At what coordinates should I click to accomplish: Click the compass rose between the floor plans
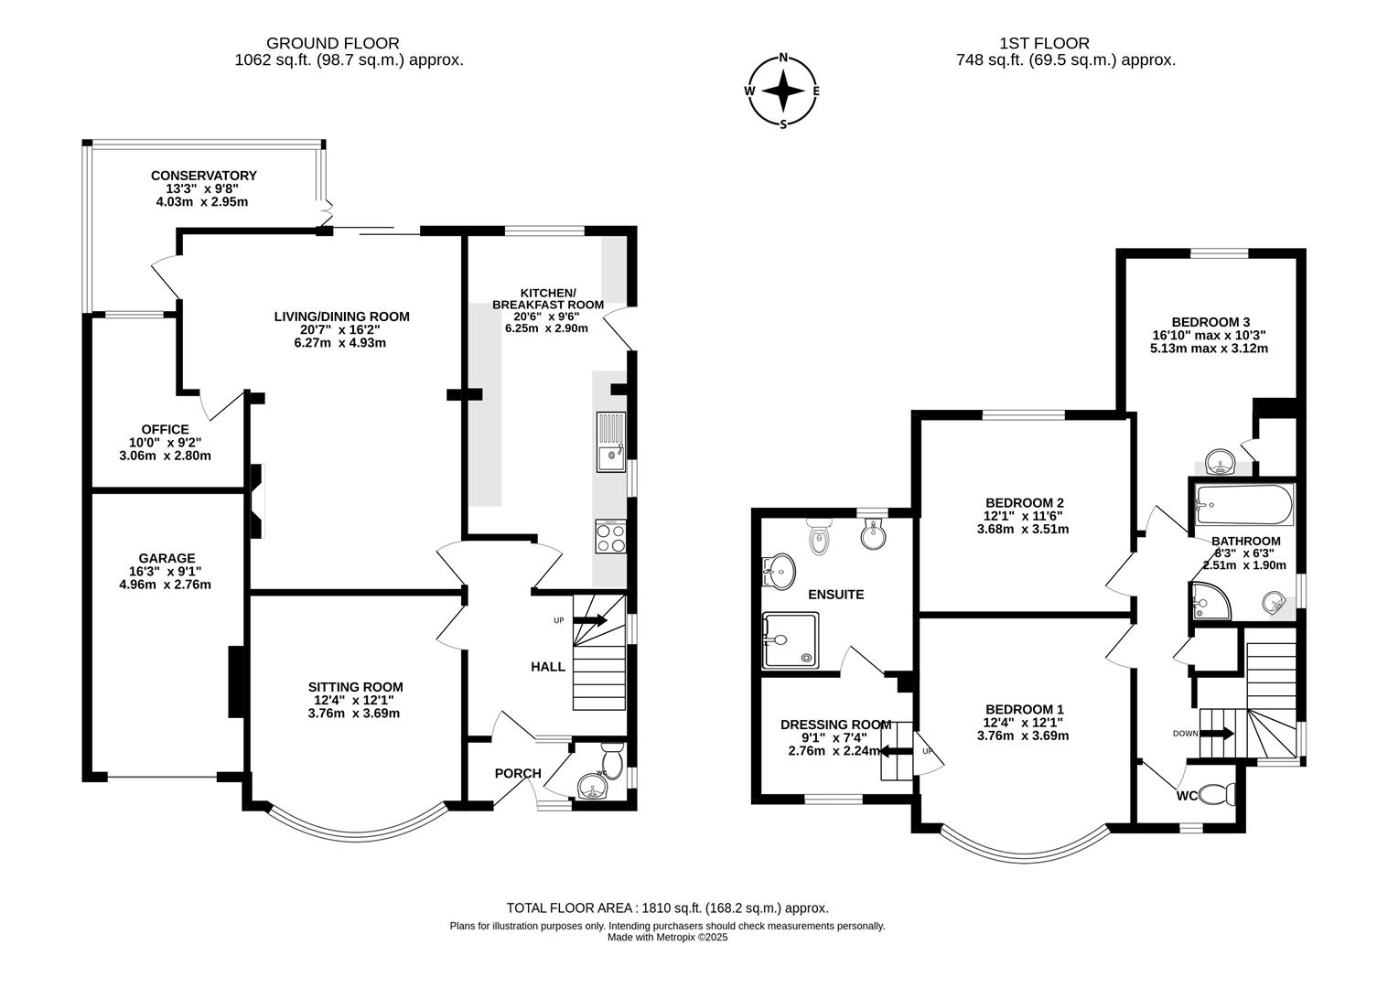782,91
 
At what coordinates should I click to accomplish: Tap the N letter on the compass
783,58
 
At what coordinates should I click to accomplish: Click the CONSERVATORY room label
203,176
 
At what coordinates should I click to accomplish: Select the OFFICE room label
165,429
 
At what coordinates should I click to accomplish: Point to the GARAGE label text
167,558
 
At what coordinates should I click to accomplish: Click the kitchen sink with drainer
610,442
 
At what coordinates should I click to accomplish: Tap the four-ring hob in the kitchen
610,536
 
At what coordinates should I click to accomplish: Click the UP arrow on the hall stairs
590,620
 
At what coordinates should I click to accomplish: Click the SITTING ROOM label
355,687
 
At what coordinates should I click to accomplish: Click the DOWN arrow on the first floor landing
1216,734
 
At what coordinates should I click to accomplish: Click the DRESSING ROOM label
835,725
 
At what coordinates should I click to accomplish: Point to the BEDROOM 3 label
1210,322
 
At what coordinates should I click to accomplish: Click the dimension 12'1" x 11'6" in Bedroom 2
1023,516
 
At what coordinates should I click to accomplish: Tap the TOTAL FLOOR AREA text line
667,908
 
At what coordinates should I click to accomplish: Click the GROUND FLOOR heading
332,43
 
